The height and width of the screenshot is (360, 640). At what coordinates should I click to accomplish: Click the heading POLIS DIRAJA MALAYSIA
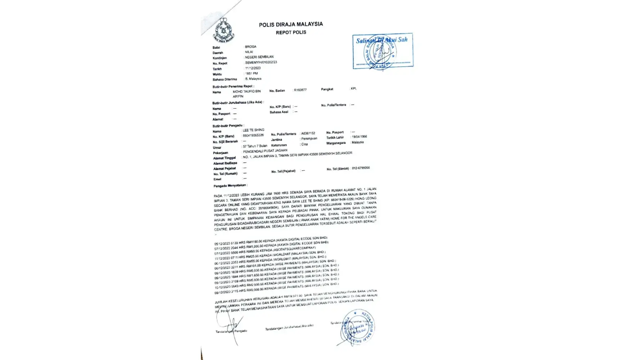(291, 24)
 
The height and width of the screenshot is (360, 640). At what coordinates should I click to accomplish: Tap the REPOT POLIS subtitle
(291, 32)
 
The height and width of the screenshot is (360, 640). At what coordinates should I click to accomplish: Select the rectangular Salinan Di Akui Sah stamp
(383, 51)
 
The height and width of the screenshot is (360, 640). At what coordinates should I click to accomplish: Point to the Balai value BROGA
(251, 47)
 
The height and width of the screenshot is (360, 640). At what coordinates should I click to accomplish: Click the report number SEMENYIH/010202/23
(261, 62)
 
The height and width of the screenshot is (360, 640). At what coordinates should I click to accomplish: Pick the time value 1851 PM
(252, 73)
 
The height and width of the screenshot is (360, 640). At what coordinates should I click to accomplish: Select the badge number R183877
(300, 90)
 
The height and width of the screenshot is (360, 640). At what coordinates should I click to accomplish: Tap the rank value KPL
(353, 89)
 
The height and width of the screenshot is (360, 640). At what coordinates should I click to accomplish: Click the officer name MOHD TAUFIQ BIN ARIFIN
(247, 94)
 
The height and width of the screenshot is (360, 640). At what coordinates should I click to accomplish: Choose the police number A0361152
(308, 133)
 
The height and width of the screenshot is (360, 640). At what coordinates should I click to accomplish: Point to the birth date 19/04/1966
(359, 137)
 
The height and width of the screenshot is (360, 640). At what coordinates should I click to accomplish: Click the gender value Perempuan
(309, 139)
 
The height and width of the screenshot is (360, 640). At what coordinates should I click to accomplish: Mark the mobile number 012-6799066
(361, 168)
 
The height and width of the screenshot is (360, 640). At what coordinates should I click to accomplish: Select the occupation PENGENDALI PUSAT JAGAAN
(266, 151)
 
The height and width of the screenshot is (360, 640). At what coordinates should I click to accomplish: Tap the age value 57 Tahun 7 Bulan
(255, 146)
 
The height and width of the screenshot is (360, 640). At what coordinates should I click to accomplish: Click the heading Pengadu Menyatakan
(230, 186)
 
